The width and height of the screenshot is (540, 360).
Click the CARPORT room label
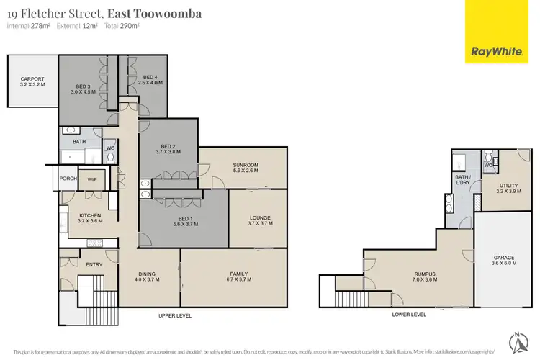33,79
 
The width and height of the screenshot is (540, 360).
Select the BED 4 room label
150,78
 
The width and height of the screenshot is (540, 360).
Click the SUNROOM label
246,165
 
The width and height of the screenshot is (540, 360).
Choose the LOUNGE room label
260,217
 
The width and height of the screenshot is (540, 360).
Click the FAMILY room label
239,274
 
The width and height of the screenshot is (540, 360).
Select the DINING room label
147,274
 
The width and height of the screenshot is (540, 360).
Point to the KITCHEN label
90,215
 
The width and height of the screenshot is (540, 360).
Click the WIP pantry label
92,179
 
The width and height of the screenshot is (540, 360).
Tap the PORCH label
68,179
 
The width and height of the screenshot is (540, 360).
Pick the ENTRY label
94,264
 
